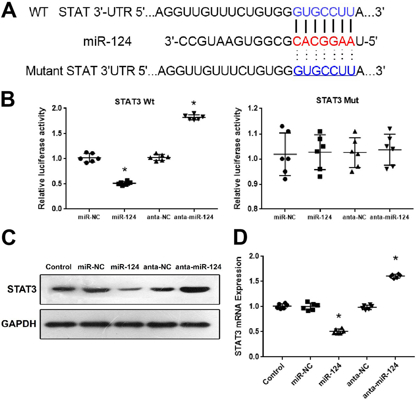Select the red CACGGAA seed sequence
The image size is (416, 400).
(x=324, y=41)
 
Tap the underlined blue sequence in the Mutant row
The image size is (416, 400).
(x=324, y=71)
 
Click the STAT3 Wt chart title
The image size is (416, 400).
(x=135, y=102)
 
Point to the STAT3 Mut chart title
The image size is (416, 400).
(x=337, y=100)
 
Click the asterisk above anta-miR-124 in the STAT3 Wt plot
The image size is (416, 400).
(x=193, y=103)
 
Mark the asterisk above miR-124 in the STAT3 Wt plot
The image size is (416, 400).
(x=125, y=170)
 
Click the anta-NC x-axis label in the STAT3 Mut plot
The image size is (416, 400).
(x=354, y=217)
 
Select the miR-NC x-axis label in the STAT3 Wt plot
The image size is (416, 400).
(x=89, y=217)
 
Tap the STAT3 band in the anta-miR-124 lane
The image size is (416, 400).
(x=199, y=290)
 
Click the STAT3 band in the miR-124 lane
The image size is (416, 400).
(x=125, y=289)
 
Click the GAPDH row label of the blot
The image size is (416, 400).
(x=19, y=323)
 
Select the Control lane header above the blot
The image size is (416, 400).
(x=58, y=267)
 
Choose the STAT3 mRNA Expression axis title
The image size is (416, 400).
(x=238, y=306)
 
